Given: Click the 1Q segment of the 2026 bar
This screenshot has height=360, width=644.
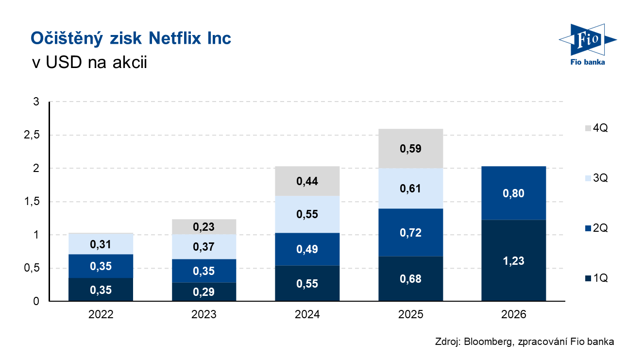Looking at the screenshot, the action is point(513,260).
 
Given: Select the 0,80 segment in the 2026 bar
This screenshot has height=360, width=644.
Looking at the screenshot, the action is point(513,193).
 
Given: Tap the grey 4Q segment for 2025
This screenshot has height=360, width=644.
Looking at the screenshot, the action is point(410,149).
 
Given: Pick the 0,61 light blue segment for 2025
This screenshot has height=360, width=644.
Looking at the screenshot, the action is point(410,189).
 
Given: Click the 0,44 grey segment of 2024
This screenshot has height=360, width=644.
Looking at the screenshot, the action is point(307,181).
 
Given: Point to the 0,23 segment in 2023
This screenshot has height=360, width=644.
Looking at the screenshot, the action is point(204,227).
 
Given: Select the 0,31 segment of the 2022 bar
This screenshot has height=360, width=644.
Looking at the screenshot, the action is point(101,244).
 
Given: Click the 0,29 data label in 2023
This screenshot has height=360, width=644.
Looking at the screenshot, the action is point(204,292).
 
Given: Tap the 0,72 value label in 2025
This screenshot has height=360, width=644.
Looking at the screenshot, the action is point(410,233).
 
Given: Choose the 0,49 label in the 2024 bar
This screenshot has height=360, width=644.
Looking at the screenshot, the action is point(307,249).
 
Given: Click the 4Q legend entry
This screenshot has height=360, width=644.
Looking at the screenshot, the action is point(596,128).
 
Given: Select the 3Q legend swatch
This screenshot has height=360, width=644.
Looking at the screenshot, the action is point(588,178).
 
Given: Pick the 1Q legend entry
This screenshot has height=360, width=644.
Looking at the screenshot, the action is point(596,278).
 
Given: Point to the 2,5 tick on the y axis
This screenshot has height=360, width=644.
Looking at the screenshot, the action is point(32,135).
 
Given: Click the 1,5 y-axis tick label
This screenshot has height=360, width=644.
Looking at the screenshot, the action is point(32,202).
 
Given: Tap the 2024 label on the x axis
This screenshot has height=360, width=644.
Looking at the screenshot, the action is point(307,314).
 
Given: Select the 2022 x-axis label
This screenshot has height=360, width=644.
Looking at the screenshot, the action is point(101,314).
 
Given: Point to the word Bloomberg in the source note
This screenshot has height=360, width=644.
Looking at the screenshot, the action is point(488,342).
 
